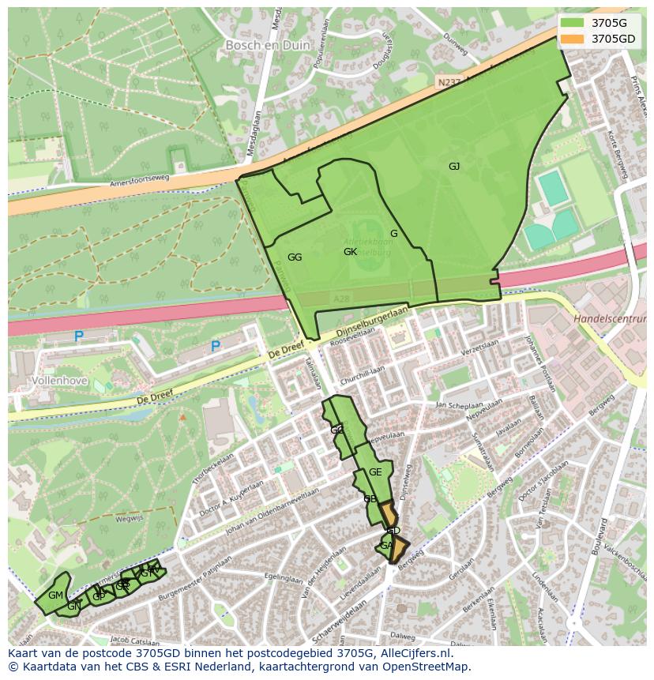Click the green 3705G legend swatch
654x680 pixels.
[x=573, y=22]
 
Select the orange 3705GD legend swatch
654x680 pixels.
[x=573, y=39]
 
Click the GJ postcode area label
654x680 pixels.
[x=454, y=166]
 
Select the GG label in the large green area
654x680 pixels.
[x=295, y=257]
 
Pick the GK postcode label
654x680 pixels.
[x=351, y=252]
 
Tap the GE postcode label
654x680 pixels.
[x=375, y=472]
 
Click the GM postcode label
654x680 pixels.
[x=55, y=595]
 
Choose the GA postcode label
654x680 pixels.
[x=386, y=546]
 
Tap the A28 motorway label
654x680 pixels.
[x=341, y=299]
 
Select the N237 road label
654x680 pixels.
[x=447, y=81]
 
